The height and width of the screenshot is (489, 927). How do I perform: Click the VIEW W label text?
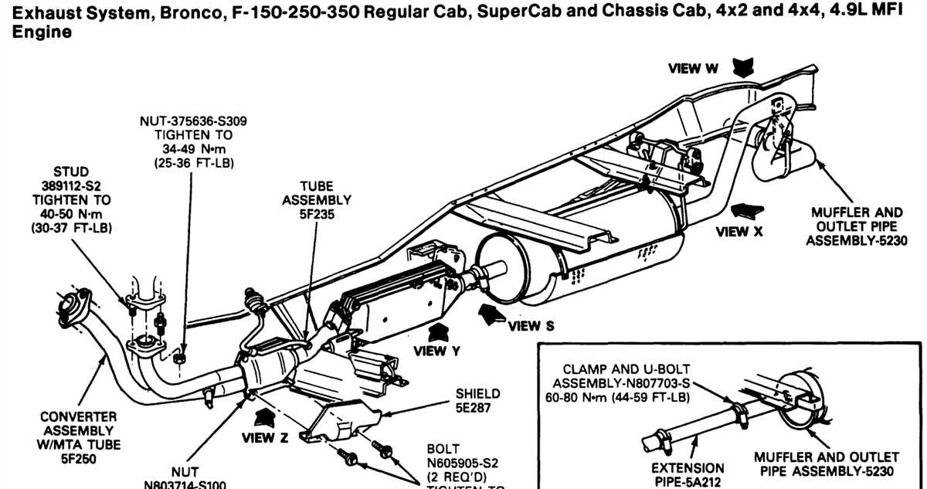coord(693,69)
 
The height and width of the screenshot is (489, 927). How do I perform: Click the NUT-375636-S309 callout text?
coord(194,121)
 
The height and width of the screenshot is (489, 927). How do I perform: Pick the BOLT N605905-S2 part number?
coord(464,463)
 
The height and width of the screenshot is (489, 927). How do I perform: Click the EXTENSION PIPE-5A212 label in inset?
coord(688,474)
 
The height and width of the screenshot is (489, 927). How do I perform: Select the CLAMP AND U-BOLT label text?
coord(626,369)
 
